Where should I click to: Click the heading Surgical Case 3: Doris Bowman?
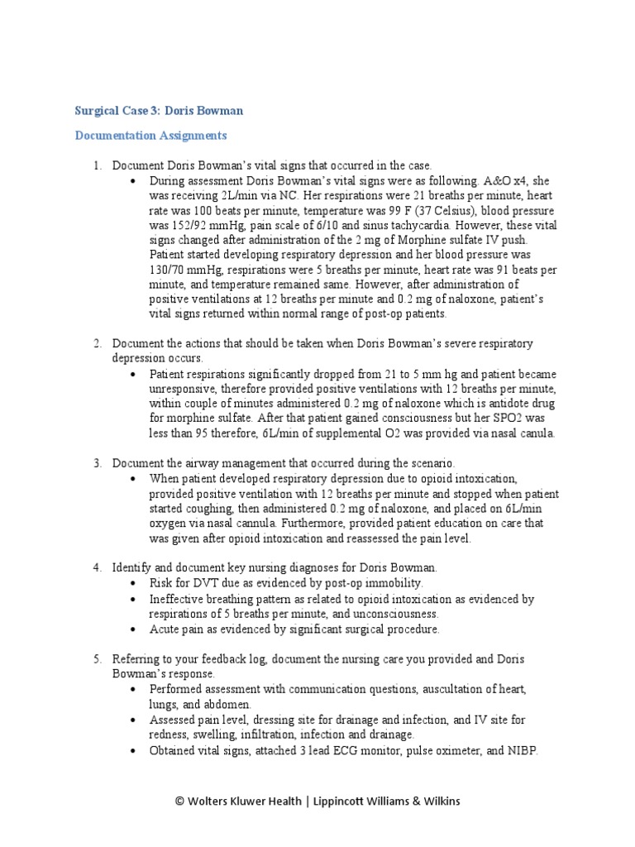[159, 110]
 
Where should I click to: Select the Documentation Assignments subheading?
[150, 135]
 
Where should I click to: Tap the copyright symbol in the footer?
[179, 801]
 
